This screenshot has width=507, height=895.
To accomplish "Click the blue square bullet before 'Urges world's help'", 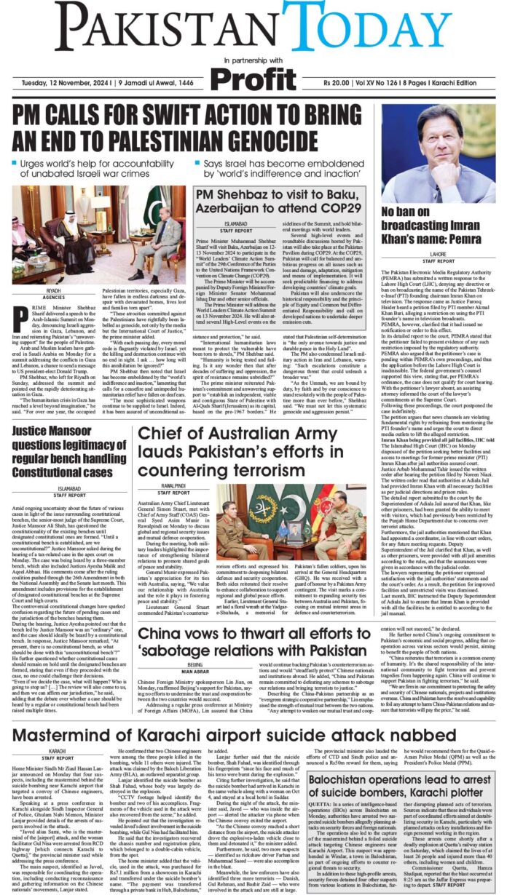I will pos(16,164).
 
